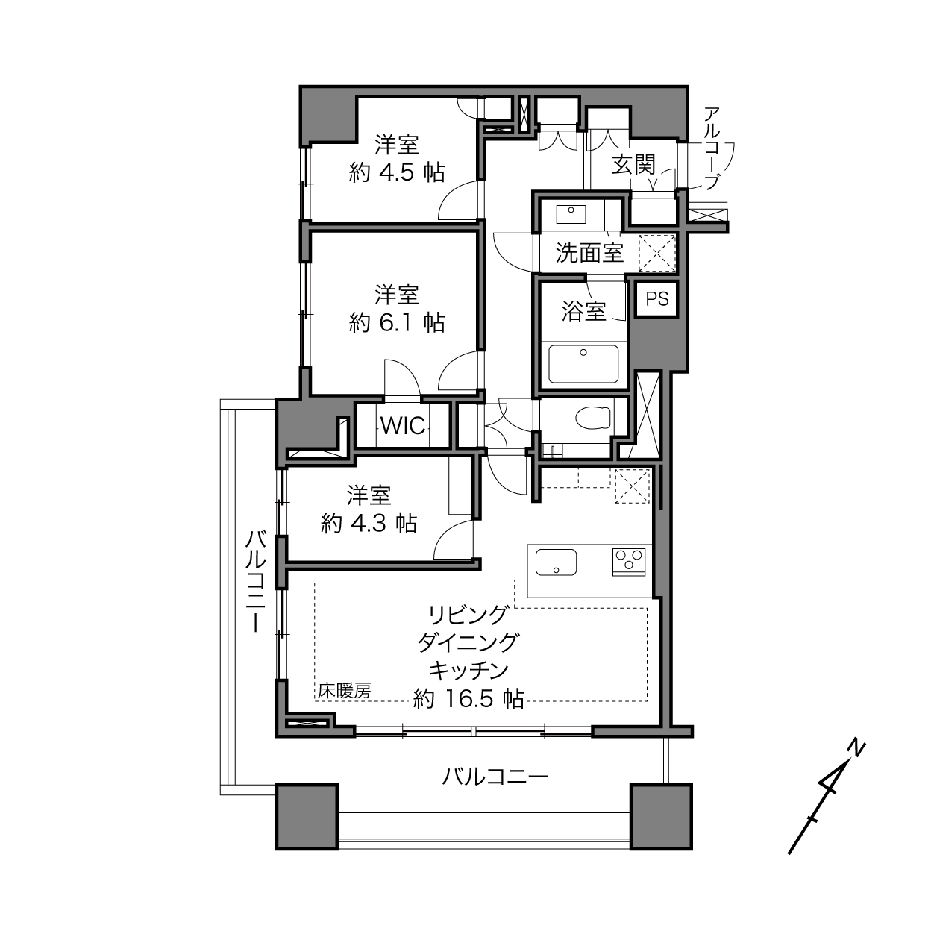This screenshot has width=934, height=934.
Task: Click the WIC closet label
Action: point(403,426)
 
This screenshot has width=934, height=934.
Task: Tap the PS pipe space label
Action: point(656,299)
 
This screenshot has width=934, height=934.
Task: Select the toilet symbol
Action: point(593,417)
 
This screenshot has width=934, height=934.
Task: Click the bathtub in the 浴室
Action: point(583,363)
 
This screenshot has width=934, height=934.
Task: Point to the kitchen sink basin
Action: point(556,562)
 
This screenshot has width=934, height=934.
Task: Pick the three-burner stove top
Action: point(629,561)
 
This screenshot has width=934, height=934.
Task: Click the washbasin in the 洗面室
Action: point(571,214)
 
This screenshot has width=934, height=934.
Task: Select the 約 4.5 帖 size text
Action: point(396,172)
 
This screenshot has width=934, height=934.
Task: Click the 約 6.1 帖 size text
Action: point(396,322)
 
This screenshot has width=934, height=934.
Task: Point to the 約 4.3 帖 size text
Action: point(369,524)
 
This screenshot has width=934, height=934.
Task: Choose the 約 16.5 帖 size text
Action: point(468,699)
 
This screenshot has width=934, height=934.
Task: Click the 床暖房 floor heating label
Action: point(344,691)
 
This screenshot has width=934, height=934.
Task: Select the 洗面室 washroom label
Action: point(589,253)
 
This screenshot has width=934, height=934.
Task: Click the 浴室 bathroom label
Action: point(583,311)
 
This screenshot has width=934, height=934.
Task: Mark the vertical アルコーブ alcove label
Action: point(711,148)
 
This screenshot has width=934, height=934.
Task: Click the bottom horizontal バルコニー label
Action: point(495,777)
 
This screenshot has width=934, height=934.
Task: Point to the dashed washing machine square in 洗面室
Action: point(656,253)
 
